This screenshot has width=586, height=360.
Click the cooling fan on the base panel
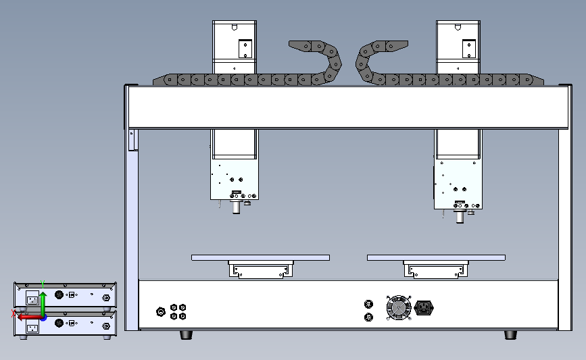[x=399, y=308]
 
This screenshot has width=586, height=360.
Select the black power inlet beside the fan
[x=424, y=309]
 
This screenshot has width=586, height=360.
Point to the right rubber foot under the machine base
[x=510, y=334]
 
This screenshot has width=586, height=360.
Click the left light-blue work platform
[x=260, y=257]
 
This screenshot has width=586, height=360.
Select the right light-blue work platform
[x=436, y=257]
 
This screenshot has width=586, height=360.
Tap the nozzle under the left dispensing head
[x=237, y=207]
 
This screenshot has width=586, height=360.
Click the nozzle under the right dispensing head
[x=460, y=215]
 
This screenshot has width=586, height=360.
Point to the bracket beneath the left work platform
[x=261, y=270]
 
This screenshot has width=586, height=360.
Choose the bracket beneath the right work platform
[x=436, y=270]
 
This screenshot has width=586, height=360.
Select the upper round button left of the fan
[x=368, y=304]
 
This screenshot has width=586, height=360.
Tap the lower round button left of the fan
[x=368, y=317]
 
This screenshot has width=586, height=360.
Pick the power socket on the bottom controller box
[x=31, y=328]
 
